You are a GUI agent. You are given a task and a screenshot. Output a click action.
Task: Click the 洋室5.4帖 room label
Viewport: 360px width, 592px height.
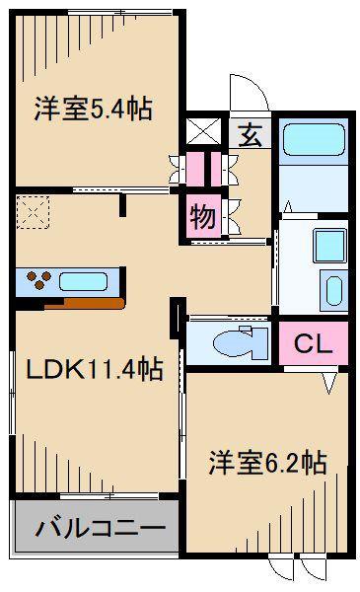94,109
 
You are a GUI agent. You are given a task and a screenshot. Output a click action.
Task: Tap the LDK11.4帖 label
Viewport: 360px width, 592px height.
95,369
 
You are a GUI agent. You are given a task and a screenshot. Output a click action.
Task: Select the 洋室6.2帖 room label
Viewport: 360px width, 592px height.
267,463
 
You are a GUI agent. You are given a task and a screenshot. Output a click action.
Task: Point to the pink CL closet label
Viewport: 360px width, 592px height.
314,343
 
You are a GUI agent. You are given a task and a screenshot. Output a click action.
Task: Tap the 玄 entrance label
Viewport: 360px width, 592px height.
251,135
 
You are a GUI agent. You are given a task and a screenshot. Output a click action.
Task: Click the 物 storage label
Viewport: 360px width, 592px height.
203,217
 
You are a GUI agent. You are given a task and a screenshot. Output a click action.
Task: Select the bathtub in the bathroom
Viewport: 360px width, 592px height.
314,139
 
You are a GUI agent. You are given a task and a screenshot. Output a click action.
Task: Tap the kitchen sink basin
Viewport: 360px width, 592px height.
83,281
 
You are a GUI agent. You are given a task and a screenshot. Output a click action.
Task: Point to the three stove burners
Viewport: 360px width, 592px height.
38,280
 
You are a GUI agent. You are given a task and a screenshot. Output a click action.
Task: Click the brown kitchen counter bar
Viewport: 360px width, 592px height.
85,303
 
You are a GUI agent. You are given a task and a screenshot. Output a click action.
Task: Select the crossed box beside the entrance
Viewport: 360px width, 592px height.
204,131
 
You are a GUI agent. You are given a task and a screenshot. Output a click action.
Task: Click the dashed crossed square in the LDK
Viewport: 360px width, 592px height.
33,212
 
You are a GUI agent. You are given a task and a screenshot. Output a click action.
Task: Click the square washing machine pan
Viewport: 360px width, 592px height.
329,246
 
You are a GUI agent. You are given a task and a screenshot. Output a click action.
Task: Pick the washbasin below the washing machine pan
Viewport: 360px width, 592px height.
333,290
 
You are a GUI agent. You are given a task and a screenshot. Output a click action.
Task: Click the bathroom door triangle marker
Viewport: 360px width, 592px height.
288,207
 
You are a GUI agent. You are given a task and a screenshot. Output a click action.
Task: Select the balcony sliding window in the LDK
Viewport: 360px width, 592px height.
109,495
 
